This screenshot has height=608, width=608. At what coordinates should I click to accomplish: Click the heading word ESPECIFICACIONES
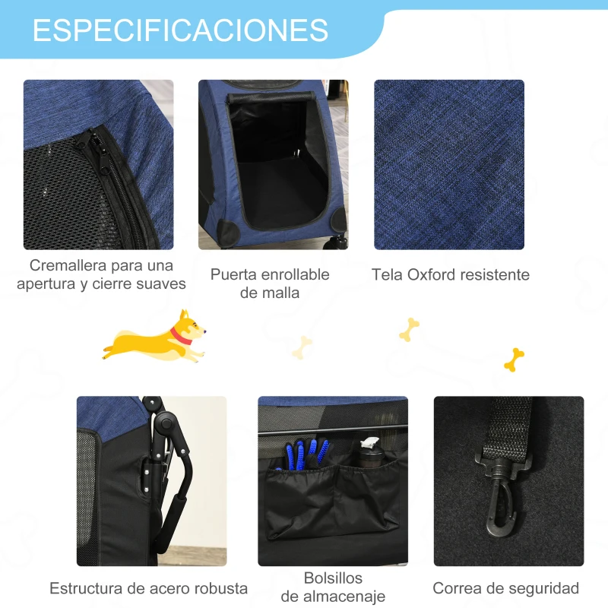180,30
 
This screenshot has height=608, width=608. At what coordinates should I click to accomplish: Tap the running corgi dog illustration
156,335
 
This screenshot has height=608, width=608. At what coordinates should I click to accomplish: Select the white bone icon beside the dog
303,347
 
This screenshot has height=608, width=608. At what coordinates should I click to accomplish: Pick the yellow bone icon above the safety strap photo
515,358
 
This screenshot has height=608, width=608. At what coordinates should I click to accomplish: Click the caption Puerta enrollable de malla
270,283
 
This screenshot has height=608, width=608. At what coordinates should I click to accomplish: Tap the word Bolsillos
333,578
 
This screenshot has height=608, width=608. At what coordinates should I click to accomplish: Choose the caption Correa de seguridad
506,587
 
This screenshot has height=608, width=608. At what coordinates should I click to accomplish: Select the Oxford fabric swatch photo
448,164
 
